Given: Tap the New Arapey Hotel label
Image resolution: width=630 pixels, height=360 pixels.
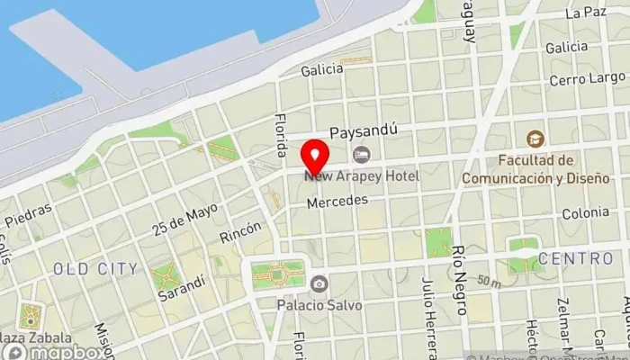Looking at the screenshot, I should (x=362, y=175).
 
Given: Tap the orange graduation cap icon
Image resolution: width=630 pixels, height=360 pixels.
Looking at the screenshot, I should (x=535, y=139).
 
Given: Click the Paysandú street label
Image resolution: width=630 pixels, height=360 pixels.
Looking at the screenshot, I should (x=364, y=133).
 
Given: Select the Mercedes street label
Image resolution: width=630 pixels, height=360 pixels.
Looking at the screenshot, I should (x=337, y=202).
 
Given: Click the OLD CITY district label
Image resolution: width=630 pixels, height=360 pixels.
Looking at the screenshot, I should (x=95, y=268).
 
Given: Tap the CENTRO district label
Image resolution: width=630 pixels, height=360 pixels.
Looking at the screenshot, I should (x=575, y=259).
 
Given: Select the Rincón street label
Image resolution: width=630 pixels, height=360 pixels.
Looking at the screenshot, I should (x=240, y=232).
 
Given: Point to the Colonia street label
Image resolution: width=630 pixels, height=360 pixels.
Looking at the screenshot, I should (x=585, y=213).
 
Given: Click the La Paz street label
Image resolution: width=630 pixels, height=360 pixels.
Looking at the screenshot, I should (x=586, y=13).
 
